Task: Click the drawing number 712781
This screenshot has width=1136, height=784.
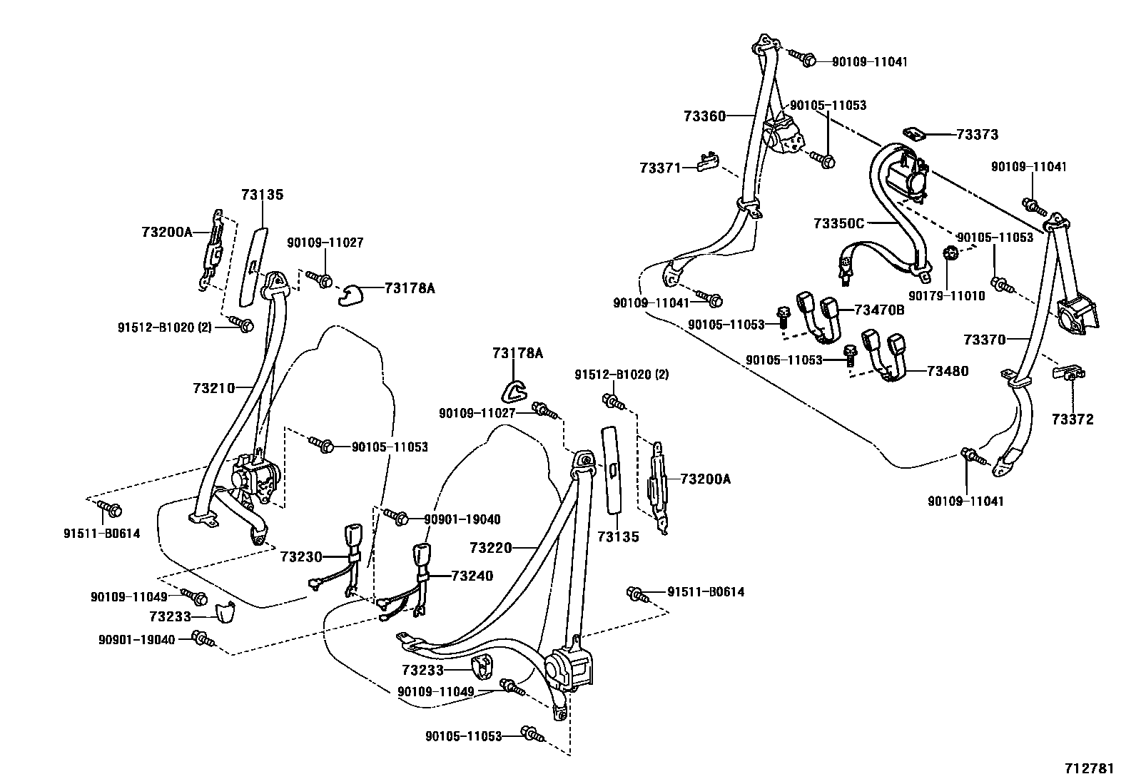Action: point(1089,768)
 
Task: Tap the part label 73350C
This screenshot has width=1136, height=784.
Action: point(838,223)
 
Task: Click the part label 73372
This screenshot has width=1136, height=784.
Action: point(1072,419)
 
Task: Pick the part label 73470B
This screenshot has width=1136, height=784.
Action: point(879,310)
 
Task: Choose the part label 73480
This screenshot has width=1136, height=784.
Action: point(948,371)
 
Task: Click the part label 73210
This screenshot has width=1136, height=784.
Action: point(213,387)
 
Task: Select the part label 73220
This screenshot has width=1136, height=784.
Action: point(491,548)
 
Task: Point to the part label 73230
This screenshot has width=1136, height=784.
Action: point(301,556)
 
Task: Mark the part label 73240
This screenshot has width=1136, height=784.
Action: point(472,576)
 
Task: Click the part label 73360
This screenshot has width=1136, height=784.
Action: point(704,116)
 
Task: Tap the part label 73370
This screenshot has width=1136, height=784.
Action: point(984,340)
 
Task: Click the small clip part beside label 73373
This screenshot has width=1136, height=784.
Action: point(914,133)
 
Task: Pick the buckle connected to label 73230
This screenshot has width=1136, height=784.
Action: point(354,537)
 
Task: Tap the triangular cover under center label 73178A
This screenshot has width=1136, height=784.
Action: point(514,390)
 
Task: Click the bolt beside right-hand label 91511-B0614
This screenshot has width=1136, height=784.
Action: point(636,593)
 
